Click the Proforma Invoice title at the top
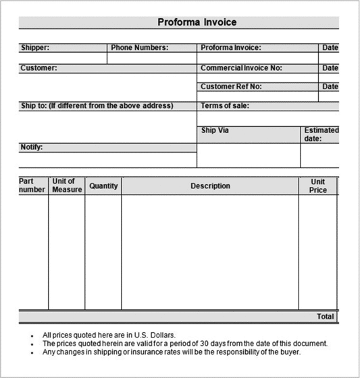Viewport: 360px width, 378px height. click(x=197, y=22)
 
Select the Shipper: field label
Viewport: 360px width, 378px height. click(x=34, y=48)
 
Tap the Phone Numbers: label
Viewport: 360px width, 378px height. click(x=139, y=48)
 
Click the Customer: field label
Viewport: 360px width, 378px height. click(x=38, y=68)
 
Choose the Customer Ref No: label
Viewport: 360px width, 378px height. click(x=230, y=86)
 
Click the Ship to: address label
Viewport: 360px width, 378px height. click(x=97, y=106)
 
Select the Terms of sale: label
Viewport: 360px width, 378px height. click(x=225, y=106)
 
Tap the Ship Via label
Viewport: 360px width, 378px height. click(x=215, y=130)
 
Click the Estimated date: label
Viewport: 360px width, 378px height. click(x=321, y=134)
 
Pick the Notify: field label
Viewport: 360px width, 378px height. click(x=32, y=147)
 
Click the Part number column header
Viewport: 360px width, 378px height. click(x=32, y=186)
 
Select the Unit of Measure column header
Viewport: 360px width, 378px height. click(x=67, y=186)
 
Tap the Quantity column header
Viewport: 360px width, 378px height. click(x=103, y=186)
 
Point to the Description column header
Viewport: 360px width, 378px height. click(x=210, y=186)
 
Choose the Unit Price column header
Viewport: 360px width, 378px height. click(x=317, y=186)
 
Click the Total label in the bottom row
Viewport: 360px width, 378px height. click(x=326, y=317)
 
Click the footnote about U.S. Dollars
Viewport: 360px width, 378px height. click(x=109, y=335)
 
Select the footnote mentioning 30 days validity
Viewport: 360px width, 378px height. click(x=184, y=344)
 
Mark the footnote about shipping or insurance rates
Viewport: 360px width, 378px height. click(x=172, y=352)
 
